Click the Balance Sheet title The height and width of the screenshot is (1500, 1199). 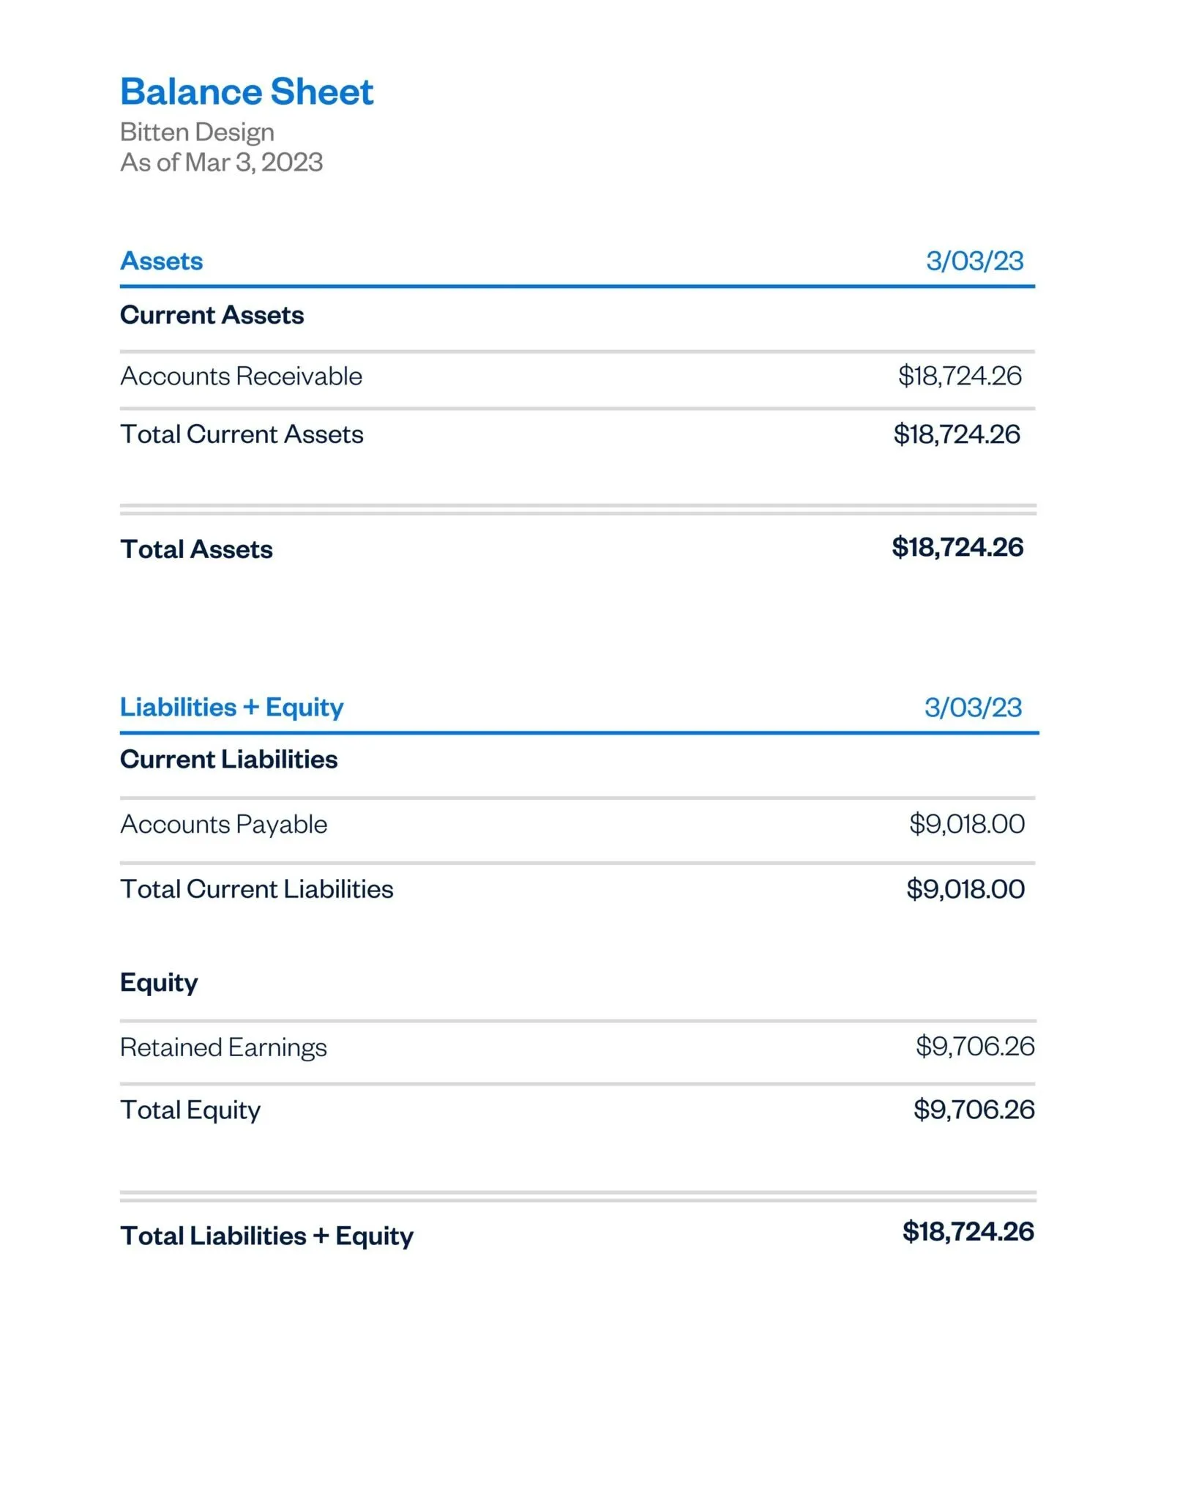coord(247,92)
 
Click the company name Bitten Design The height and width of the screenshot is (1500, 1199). coord(197,133)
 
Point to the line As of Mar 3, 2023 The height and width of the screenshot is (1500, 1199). coord(221,163)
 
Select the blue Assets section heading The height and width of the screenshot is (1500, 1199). coord(161,261)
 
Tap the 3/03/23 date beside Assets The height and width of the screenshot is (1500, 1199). coord(974,261)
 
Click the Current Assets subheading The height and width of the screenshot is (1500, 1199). coord(212,316)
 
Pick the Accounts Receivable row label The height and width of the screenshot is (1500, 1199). coord(241,376)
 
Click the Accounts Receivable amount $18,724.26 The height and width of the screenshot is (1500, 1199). coord(960,376)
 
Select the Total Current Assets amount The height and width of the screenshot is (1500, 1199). coord(956,435)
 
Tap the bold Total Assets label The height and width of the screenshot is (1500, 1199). coord(196,550)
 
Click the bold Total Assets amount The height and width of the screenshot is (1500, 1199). coord(957,548)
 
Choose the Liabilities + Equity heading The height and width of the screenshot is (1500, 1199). coord(231,708)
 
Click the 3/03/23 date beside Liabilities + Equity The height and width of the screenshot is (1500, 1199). coord(973,708)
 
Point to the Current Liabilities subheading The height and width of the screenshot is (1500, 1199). coord(228,760)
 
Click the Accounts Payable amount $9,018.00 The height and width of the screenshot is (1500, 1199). coord(966,825)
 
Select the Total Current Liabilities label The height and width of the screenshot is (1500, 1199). coord(256,890)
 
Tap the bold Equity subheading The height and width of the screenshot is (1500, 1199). coord(159,983)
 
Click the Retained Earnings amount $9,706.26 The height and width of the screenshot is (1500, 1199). coord(975,1047)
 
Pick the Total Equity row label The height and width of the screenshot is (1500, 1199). coord(190,1110)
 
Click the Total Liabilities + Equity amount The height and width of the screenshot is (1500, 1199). coord(968,1232)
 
